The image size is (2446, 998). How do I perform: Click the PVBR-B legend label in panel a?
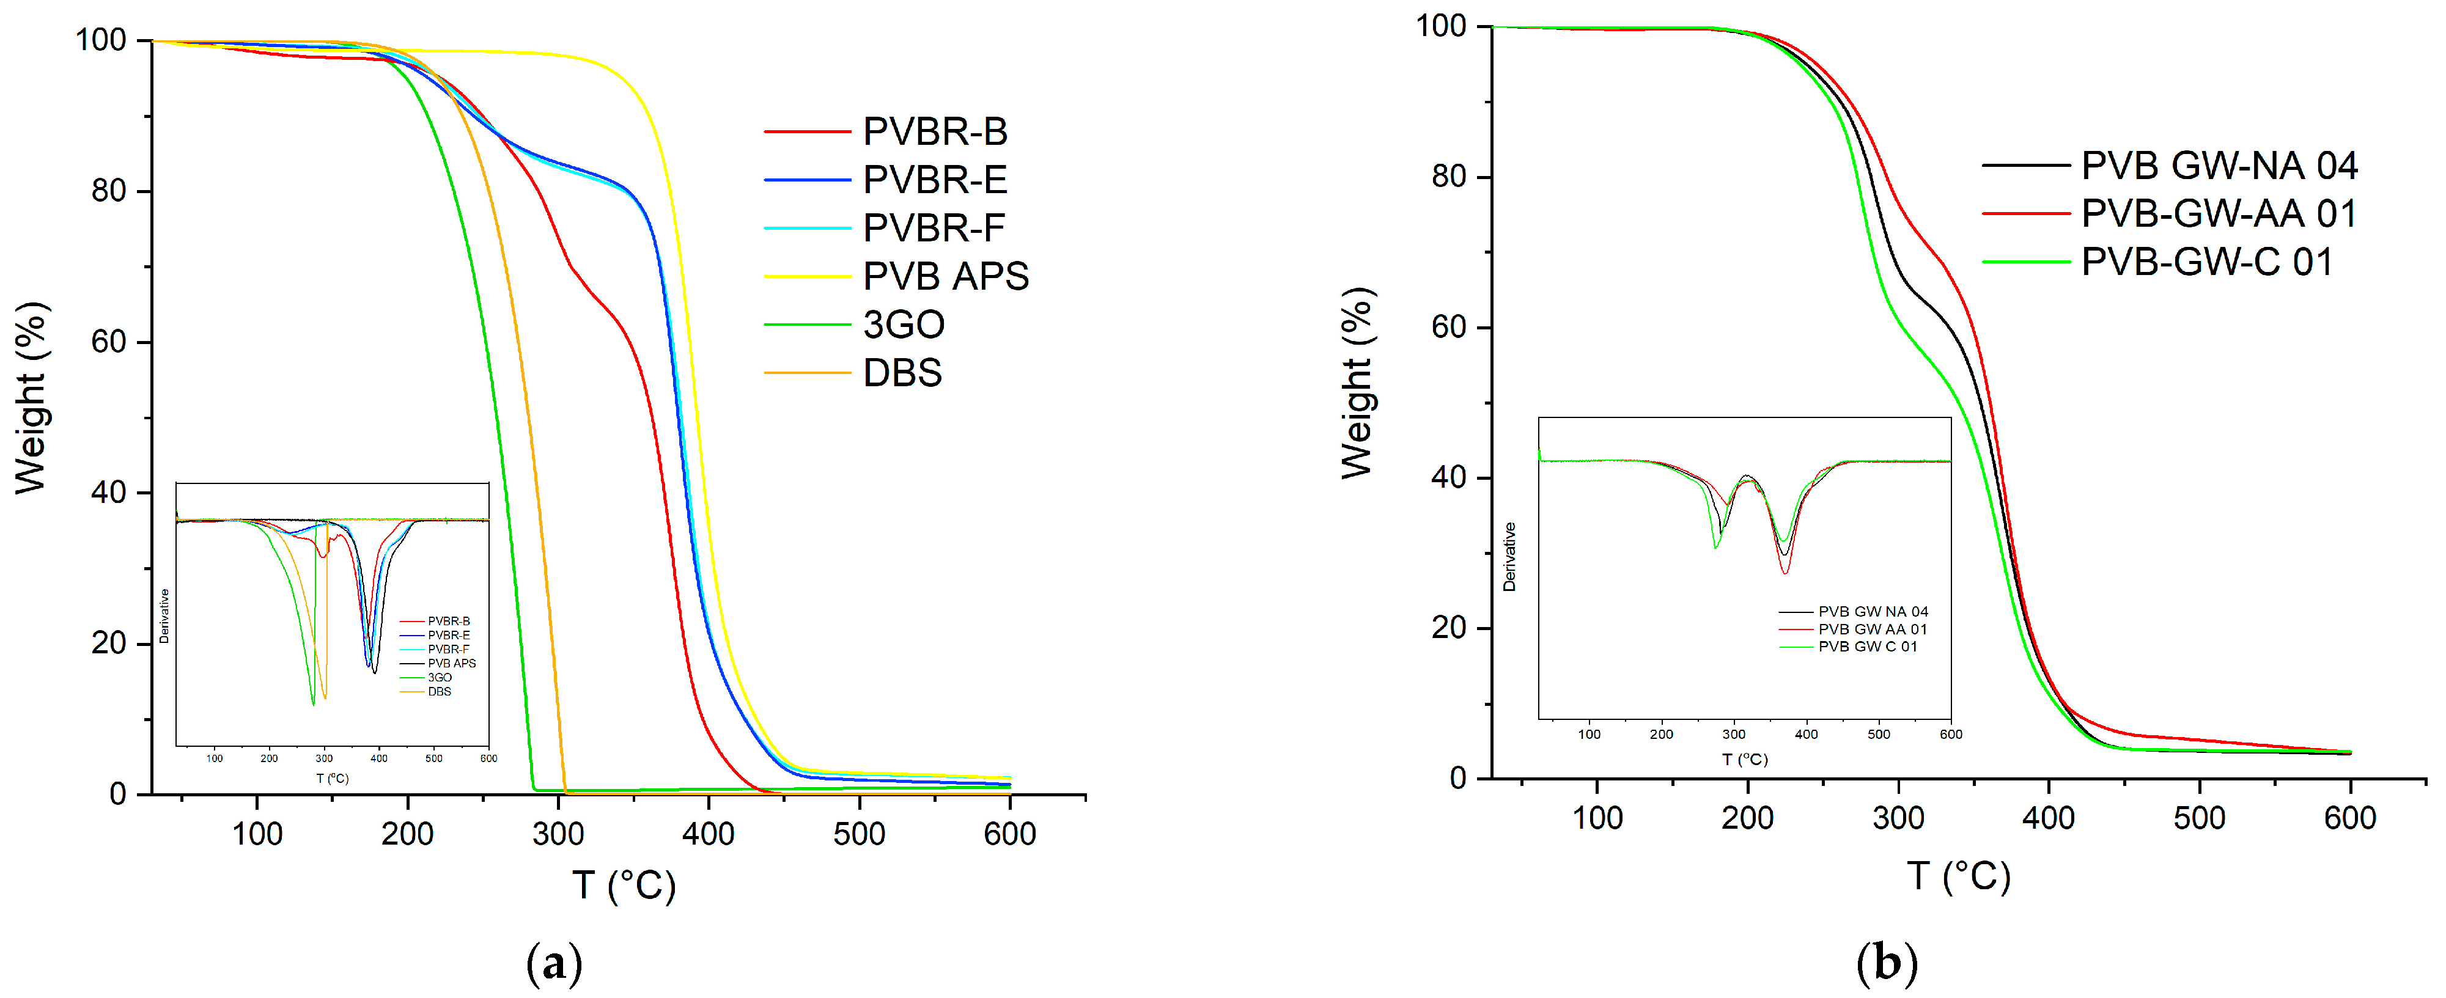click(934, 132)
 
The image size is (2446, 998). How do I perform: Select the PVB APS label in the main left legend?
click(945, 276)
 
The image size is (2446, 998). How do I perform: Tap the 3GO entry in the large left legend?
click(903, 325)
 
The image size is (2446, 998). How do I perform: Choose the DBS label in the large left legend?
click(902, 373)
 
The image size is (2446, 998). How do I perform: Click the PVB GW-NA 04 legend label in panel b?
click(2219, 166)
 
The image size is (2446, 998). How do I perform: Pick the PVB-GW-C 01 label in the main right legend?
click(2207, 262)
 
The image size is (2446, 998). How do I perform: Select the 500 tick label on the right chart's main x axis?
click(2199, 818)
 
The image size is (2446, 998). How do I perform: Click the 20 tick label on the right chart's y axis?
click(1449, 628)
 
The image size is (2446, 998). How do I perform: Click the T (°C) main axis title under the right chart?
click(1959, 876)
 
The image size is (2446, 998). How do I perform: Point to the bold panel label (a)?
click(554, 964)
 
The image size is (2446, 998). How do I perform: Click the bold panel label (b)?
click(1887, 964)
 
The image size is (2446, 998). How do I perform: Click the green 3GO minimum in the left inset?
click(314, 703)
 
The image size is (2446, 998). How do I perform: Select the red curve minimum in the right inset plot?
click(1785, 573)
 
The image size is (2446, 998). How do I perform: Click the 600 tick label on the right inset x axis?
click(1950, 734)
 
